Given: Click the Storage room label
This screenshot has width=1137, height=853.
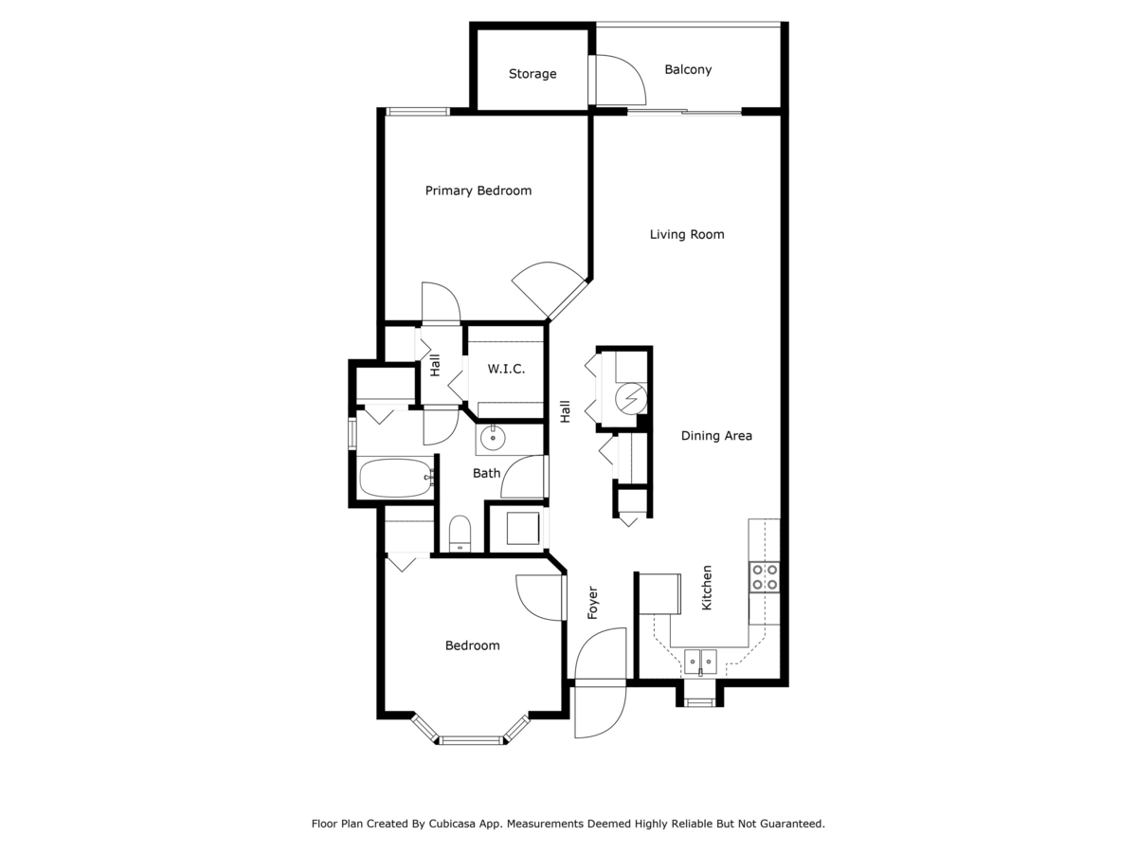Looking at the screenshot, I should (x=532, y=74).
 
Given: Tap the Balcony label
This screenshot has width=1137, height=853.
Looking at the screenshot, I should (x=688, y=69).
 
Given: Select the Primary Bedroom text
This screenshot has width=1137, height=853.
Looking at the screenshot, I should (x=478, y=191).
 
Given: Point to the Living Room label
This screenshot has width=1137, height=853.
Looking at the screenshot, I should (x=687, y=234).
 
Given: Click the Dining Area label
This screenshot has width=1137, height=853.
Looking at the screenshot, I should (x=716, y=436).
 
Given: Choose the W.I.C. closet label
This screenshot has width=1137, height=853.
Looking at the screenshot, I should (x=506, y=369).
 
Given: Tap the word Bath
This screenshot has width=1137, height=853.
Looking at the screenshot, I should (x=486, y=473).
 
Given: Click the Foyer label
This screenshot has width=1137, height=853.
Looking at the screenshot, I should (x=593, y=603).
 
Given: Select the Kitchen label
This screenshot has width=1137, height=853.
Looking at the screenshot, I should (x=707, y=588).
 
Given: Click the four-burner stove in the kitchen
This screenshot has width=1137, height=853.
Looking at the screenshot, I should (x=765, y=577).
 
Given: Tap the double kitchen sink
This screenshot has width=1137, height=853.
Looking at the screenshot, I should (x=701, y=659).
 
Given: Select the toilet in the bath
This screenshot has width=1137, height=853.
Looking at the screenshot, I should (x=460, y=533).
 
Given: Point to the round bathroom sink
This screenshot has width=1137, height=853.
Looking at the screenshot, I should (x=493, y=438).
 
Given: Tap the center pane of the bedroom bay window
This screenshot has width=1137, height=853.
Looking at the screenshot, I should (x=470, y=739).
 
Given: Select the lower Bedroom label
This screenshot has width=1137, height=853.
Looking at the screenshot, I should (x=472, y=645).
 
